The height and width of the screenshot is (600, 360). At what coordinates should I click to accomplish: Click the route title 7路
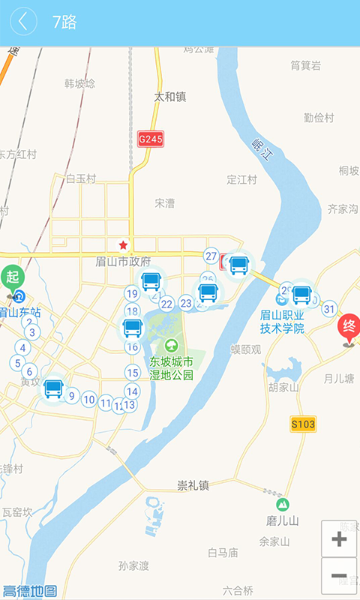64,22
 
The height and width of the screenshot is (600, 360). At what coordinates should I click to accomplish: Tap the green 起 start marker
12,276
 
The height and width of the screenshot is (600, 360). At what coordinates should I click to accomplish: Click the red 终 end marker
349,327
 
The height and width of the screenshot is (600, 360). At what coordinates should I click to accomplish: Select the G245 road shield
151,139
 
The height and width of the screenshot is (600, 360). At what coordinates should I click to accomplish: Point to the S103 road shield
303,424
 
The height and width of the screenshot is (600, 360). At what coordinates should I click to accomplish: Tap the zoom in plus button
339,538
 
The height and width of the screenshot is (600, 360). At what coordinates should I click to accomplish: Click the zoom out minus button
339,576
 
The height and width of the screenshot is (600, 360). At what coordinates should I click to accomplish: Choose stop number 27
211,256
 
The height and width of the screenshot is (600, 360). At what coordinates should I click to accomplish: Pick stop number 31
329,308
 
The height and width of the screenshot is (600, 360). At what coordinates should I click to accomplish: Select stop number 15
133,373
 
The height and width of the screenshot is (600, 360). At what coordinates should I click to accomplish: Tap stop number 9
72,396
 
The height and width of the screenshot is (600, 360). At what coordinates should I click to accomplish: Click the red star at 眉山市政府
123,245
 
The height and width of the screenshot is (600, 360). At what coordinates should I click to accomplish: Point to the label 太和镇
169,97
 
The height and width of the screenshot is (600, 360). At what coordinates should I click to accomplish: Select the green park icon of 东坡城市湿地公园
172,346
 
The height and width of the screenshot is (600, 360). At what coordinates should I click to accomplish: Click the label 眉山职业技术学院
282,322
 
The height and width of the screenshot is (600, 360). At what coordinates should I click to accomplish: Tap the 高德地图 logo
30,591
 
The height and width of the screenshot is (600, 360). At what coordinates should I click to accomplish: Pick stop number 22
166,304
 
